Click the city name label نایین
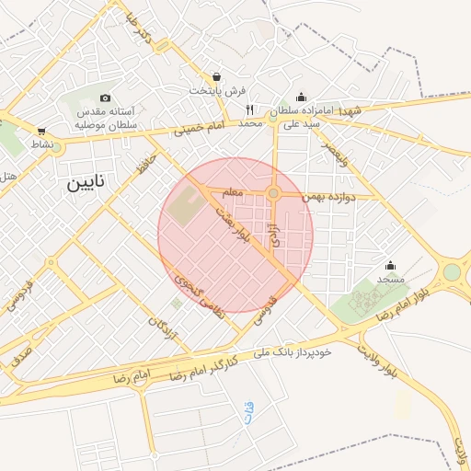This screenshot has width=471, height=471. pyautogui.click(x=86, y=183)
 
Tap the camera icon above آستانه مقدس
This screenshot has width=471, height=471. pyautogui.click(x=105, y=98)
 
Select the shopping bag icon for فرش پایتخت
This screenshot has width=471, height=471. pyautogui.click(x=216, y=77)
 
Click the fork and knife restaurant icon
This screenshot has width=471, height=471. pyautogui.click(x=249, y=109)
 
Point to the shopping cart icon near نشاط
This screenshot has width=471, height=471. pyautogui.click(x=41, y=131)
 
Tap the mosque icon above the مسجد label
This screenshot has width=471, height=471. pyautogui.click(x=390, y=265)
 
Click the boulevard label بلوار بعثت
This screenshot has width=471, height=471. pyautogui.click(x=231, y=224)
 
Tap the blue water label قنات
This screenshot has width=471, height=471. pyautogui.click(x=249, y=413)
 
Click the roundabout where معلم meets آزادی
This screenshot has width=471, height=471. pyautogui.click(x=274, y=193)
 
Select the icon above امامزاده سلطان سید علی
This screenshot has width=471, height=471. pyautogui.click(x=301, y=97)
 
